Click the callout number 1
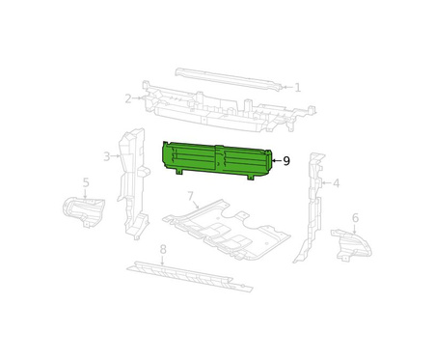298,88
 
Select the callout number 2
128,98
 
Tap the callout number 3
107,156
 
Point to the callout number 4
336,183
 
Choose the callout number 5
86,182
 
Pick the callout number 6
355,218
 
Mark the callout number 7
190,196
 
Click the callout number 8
163,249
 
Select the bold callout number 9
286,160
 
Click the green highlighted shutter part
217,160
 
